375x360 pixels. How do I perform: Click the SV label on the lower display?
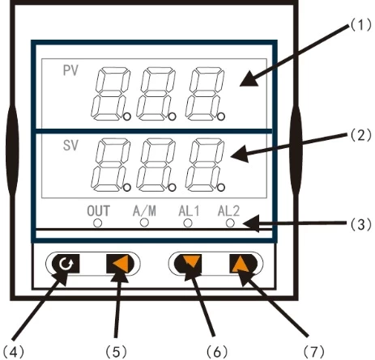click(70, 146)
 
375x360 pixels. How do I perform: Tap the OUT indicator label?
click(98, 211)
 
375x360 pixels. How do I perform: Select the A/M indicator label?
click(143, 211)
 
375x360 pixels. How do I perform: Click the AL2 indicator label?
click(230, 211)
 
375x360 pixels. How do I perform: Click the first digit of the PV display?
click(109, 90)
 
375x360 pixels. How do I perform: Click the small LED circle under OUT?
click(98, 222)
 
